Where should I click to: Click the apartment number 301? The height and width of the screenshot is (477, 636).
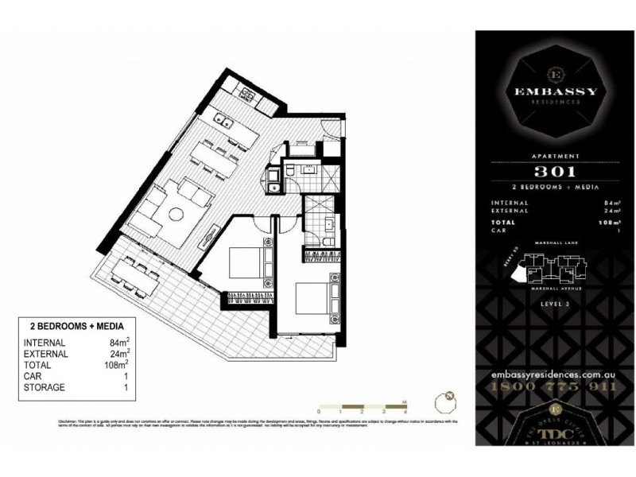pos(555,171)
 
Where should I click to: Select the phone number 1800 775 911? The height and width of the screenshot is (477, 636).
pos(555,386)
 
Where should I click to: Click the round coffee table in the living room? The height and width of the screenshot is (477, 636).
pos(176,212)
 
